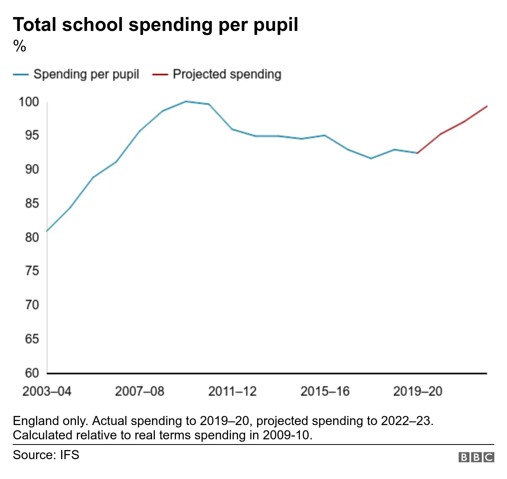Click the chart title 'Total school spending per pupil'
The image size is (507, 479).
point(155,25)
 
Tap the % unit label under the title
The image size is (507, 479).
point(19,46)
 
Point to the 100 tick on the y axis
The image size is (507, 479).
point(29,102)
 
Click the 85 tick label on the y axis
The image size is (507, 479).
point(32,203)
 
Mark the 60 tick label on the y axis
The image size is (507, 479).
point(32,373)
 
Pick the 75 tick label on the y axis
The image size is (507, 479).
point(32,271)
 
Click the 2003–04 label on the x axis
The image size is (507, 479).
point(47,391)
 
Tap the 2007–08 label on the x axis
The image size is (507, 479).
point(139,391)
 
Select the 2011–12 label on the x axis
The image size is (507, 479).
point(233,391)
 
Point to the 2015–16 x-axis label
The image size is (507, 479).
point(325,391)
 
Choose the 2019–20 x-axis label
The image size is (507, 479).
point(417,391)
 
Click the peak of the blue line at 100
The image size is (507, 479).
point(186,102)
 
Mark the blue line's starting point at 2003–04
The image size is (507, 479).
point(47,231)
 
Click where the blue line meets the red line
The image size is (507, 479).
point(417,153)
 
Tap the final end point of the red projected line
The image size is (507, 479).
point(487,106)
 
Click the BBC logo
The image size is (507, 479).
point(476,457)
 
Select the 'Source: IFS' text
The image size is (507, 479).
point(46,455)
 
